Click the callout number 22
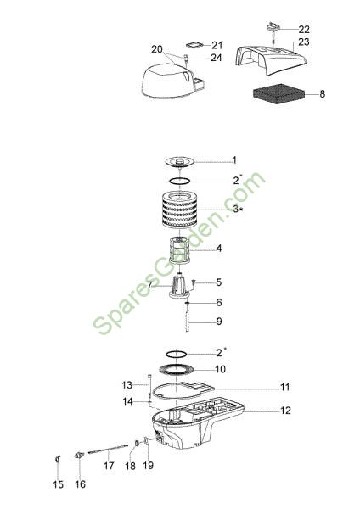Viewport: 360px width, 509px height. click(x=304, y=30)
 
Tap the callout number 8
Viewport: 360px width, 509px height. click(x=322, y=94)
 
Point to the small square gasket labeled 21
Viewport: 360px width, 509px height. click(x=195, y=44)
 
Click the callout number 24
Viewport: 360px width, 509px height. click(x=217, y=58)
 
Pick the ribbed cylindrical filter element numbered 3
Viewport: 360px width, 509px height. click(x=180, y=210)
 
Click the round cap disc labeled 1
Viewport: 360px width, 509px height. click(x=180, y=161)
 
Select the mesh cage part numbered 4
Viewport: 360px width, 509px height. click(x=180, y=250)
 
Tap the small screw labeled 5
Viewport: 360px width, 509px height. click(x=193, y=284)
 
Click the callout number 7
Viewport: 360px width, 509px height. click(x=149, y=285)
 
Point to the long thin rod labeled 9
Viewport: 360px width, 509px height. click(x=188, y=322)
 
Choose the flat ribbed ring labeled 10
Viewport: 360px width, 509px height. click(x=177, y=369)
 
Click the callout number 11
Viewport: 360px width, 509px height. click(x=285, y=388)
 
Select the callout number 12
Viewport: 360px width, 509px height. click(x=285, y=411)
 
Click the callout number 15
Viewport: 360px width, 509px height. click(x=58, y=484)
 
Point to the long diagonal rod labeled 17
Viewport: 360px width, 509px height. click(x=108, y=450)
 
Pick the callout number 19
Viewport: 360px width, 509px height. click(x=148, y=466)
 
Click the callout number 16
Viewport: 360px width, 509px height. click(x=81, y=484)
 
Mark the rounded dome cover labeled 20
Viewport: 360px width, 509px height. click(x=172, y=81)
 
